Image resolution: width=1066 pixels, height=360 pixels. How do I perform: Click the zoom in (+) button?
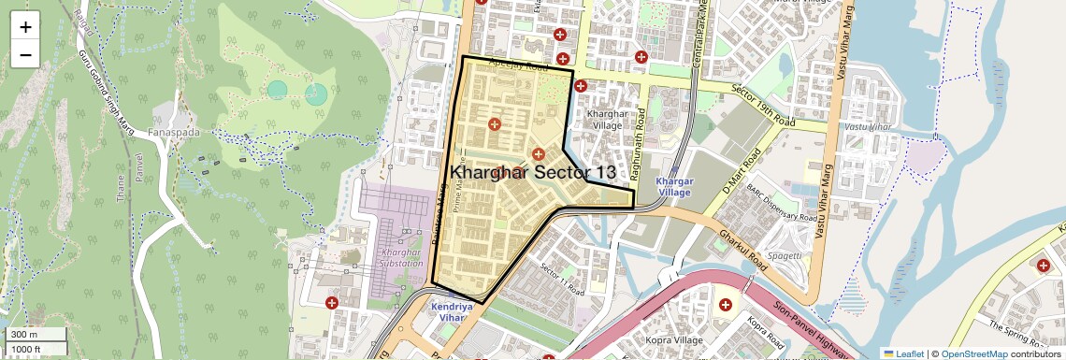[25, 27]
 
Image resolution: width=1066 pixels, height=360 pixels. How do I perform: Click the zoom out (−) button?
[25, 54]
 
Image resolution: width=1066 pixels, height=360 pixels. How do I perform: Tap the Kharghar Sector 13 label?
[533, 172]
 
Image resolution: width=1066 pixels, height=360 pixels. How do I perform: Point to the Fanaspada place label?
[172, 132]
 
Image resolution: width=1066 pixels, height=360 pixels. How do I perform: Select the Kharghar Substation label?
[403, 258]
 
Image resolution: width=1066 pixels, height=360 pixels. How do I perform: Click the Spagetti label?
[784, 255]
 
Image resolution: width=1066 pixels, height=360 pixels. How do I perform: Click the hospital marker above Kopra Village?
[725, 306]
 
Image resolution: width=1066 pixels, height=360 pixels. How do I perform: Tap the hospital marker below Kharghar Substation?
[331, 303]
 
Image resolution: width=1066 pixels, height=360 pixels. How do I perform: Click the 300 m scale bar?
[35, 334]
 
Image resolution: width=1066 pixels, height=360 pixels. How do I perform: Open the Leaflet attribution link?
[904, 353]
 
